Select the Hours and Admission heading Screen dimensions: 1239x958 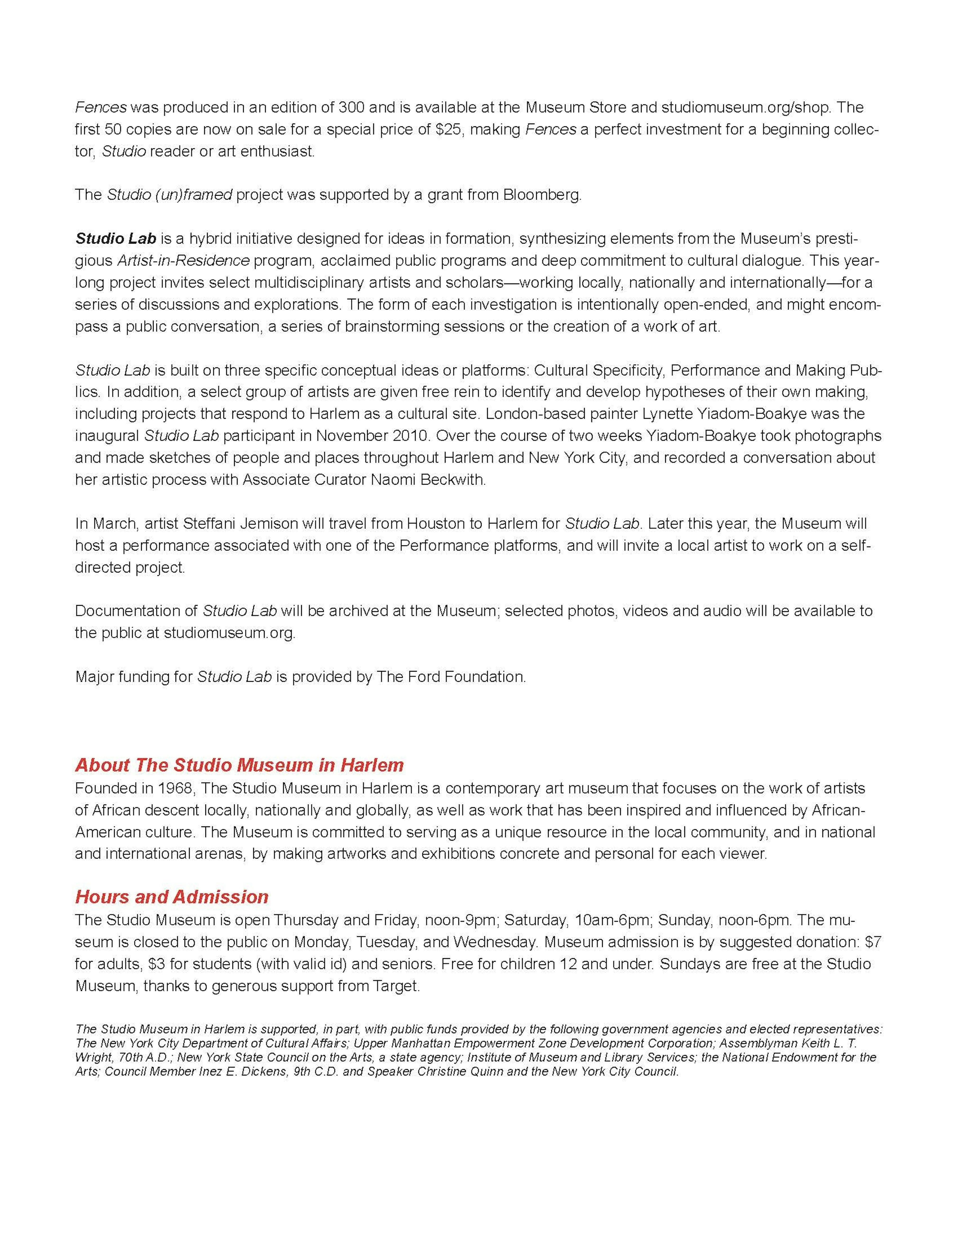pos(171,897)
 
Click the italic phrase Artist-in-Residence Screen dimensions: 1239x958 pos(183,260)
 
